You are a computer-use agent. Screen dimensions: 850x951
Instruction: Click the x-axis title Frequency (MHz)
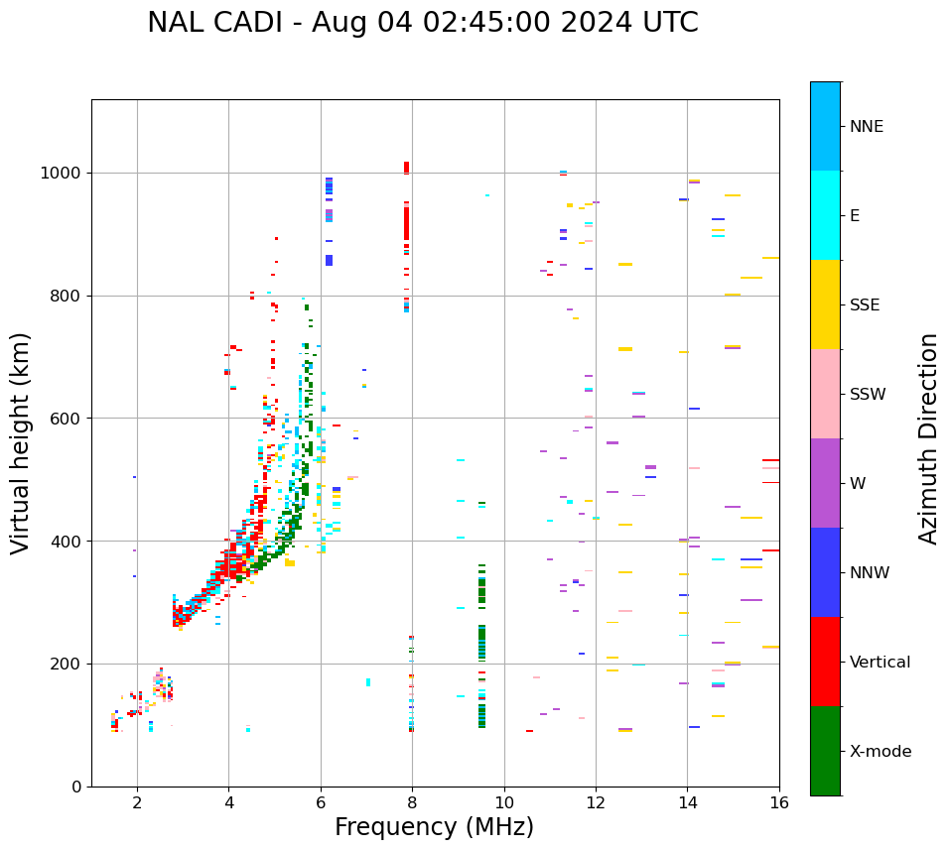click(434, 827)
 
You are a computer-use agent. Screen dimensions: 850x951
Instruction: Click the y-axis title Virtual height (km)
click(21, 443)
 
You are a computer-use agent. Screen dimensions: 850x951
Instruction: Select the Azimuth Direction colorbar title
click(928, 438)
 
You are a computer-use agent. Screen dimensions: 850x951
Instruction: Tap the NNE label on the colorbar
click(866, 127)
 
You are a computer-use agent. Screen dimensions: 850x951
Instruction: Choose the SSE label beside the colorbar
click(864, 305)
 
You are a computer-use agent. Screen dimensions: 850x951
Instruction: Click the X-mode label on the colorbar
click(880, 752)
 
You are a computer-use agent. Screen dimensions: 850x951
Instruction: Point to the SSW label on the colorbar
click(867, 395)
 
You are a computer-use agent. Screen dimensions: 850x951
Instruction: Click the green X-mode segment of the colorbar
click(825, 751)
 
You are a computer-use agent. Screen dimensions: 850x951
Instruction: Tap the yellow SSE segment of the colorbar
click(825, 304)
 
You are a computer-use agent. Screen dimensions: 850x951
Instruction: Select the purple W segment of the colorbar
click(825, 483)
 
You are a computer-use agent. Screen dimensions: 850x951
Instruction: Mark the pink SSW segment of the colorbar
click(825, 394)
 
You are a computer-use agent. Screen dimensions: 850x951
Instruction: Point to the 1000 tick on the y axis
click(64, 174)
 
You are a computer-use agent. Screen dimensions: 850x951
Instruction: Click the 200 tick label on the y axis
click(68, 664)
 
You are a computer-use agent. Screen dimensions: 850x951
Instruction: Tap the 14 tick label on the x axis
click(687, 802)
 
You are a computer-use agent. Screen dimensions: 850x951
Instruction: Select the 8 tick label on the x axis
click(412, 802)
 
